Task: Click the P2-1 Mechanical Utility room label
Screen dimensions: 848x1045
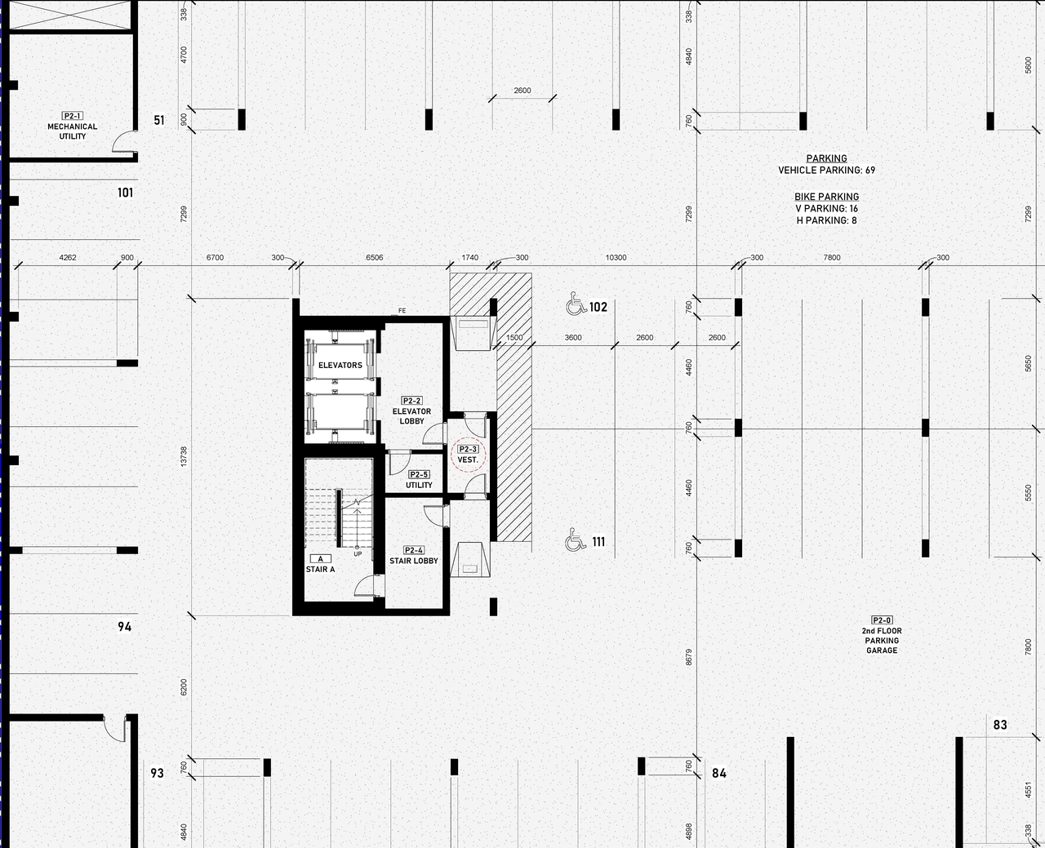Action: coord(72,127)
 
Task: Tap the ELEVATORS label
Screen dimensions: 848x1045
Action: coord(340,365)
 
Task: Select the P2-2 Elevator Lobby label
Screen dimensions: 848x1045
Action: coord(411,411)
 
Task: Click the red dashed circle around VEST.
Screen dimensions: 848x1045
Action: coord(468,455)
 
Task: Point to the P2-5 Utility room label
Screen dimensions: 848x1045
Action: coord(419,480)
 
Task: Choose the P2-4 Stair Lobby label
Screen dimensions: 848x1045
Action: coord(413,556)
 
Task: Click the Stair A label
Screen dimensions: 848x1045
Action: coord(320,564)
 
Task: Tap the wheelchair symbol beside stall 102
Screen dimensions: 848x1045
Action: coord(576,306)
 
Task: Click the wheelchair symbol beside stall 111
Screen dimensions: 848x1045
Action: coord(576,540)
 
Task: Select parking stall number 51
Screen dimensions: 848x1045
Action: coord(159,120)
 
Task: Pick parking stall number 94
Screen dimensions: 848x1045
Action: coord(124,627)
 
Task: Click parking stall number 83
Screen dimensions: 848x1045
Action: coord(1000,725)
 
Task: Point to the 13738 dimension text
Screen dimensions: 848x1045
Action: coord(184,456)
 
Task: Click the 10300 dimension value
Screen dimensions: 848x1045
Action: coord(616,258)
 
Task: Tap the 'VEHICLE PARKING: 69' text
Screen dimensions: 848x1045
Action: coord(826,171)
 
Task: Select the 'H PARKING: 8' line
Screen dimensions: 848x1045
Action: coord(826,220)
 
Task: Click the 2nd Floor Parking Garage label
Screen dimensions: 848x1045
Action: coord(882,636)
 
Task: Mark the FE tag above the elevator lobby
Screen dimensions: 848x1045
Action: coord(402,311)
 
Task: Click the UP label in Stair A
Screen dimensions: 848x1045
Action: coord(358,554)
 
